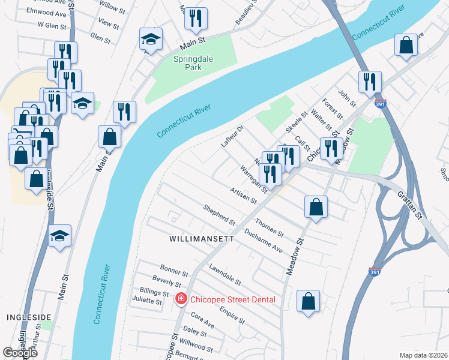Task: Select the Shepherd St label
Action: (x=218, y=214)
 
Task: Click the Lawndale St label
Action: (x=225, y=274)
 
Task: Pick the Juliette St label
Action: (x=146, y=302)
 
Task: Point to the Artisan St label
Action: (x=243, y=195)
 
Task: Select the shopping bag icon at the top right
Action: (x=406, y=46)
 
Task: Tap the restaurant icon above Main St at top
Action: (x=195, y=19)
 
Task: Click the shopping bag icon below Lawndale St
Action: (x=308, y=302)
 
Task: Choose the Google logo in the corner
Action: (x=20, y=352)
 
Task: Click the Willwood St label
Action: (x=196, y=346)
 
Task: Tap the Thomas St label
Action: (x=269, y=227)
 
